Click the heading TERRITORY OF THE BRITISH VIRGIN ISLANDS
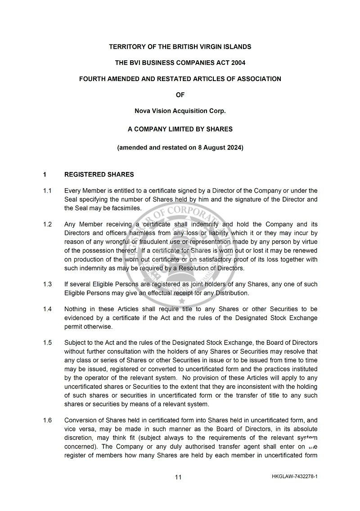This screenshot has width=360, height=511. tap(180, 47)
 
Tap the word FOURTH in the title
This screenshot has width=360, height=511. tap(92, 79)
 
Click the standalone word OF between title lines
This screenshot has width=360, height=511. tap(180, 95)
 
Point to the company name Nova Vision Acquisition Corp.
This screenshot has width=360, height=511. tap(180, 111)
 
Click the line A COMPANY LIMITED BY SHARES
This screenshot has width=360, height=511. tap(180, 129)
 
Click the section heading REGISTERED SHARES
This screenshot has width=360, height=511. tap(99, 175)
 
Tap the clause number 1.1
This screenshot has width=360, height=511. tap(47, 191)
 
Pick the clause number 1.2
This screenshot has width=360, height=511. tap(47, 224)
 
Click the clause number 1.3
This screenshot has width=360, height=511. tap(47, 284)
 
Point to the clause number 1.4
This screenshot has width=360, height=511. tap(47, 309)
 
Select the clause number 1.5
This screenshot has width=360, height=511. tap(47, 343)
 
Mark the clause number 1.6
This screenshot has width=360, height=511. tap(47, 420)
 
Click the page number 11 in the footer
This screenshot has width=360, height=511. tap(178, 477)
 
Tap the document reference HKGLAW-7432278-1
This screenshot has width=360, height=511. tap(295, 476)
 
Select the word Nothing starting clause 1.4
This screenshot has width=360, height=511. tap(76, 309)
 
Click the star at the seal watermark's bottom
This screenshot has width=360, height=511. tap(182, 301)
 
